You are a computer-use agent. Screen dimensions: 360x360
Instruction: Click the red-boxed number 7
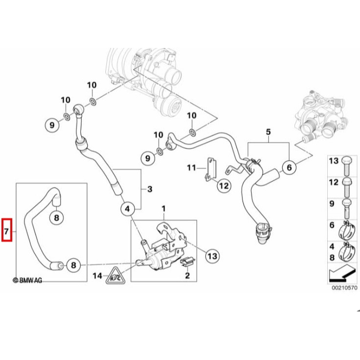click(x=6, y=229)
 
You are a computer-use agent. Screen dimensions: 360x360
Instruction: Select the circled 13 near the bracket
click(x=212, y=255)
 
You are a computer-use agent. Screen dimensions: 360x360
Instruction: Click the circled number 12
click(x=223, y=186)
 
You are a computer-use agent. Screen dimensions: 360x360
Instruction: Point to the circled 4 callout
click(x=127, y=209)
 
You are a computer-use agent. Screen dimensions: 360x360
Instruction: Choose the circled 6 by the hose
click(x=289, y=168)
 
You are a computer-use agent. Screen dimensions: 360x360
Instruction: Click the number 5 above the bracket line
click(x=268, y=132)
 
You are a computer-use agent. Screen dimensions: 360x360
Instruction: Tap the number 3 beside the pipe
click(x=150, y=189)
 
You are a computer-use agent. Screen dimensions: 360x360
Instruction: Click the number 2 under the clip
click(x=187, y=277)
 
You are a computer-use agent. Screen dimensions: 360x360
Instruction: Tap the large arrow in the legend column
click(x=341, y=271)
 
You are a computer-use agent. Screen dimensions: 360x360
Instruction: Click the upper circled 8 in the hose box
click(x=56, y=217)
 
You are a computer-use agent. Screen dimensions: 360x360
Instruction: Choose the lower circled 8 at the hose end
click(x=72, y=265)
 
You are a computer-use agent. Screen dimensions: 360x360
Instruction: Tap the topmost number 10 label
click(x=92, y=85)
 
